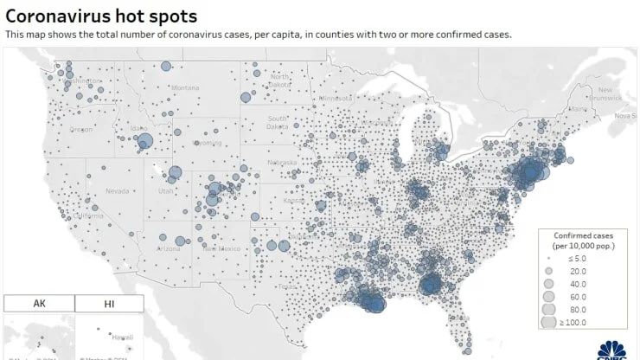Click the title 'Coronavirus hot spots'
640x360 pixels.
pos(101,16)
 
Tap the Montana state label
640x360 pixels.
pos(184,87)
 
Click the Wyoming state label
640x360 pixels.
pos(208,142)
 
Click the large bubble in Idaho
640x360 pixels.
pos(144,141)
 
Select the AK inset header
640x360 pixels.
pos(39,304)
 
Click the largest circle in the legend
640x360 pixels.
pos(548,322)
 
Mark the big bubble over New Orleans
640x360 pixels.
pos(430,286)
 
